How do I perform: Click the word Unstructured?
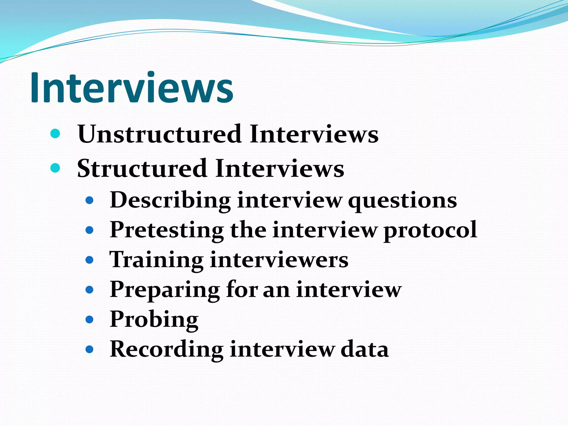point(159,134)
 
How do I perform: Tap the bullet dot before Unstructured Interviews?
point(55,134)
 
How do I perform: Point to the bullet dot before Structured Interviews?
point(55,168)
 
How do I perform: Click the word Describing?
point(170,201)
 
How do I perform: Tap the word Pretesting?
point(167,230)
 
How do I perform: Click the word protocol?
point(430,230)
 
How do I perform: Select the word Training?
point(156,260)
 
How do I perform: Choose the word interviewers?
point(279,260)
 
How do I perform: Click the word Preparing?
point(165,290)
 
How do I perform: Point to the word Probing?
point(154,320)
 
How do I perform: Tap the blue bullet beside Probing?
point(89,320)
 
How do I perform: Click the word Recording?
point(167,349)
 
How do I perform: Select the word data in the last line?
point(364,349)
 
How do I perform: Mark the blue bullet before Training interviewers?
point(89,260)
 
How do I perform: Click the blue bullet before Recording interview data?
point(89,349)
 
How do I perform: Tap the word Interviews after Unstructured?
point(314,134)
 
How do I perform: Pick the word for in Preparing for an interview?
point(242,290)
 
